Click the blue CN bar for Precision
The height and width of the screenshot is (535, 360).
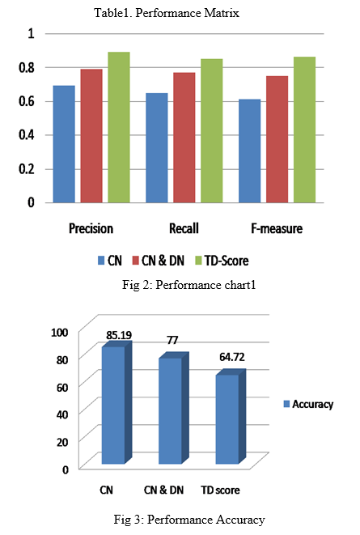point(64,144)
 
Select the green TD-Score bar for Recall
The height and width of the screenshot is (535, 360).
point(212,130)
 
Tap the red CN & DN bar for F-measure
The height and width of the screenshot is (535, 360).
point(277,139)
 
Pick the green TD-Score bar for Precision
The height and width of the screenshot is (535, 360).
point(119,127)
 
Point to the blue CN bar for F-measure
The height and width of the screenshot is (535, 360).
point(249,151)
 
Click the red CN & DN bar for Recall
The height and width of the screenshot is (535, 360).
point(184,138)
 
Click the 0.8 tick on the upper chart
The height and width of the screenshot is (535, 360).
point(27,67)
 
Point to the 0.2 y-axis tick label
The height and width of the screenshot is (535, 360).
point(27,169)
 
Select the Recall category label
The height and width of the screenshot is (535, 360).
point(184,228)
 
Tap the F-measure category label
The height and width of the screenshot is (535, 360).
point(277,228)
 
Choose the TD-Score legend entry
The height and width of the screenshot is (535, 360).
point(222,261)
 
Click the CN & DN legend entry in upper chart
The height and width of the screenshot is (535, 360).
point(158,261)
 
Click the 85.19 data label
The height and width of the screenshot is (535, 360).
point(119,335)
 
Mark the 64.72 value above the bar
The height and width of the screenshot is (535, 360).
point(232,357)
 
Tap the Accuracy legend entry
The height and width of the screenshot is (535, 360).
point(308,404)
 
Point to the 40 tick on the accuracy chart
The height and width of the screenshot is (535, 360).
point(62,414)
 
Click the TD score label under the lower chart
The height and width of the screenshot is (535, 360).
point(221,490)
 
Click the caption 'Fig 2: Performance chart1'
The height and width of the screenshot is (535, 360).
point(188,285)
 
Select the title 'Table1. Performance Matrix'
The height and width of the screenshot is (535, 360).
point(167,13)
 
